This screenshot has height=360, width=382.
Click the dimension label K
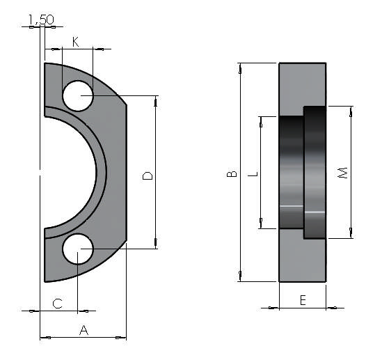click(x=76, y=42)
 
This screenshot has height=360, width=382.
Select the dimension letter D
click(x=148, y=175)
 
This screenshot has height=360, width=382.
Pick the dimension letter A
click(x=83, y=330)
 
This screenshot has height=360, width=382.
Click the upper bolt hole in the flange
click(x=78, y=95)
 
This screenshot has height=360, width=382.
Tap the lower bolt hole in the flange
click(x=78, y=249)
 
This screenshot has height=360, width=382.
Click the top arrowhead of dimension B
click(x=240, y=68)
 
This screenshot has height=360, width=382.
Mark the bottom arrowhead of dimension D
click(x=155, y=244)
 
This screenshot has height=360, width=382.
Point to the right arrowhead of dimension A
click(x=122, y=338)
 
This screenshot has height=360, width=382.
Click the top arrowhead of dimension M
click(x=351, y=110)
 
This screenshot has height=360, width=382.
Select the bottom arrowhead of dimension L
click(x=261, y=224)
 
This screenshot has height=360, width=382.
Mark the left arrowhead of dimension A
click(x=44, y=338)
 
